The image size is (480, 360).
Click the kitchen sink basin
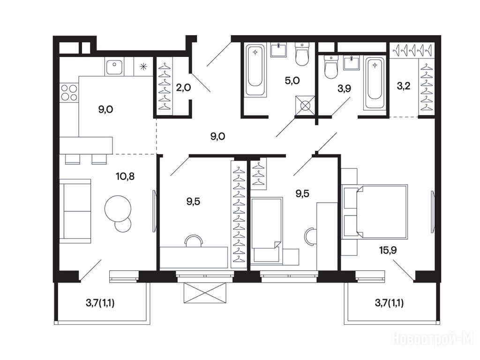[114, 67]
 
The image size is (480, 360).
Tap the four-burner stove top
[69, 92]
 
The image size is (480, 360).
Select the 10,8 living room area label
[125, 176]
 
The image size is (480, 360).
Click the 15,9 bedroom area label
[388, 250]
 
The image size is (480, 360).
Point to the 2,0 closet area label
[183, 88]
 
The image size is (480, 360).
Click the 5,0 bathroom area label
[292, 81]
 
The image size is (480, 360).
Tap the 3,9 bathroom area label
[344, 89]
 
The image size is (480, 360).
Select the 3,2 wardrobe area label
[404, 86]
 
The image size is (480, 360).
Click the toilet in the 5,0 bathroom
[302, 54]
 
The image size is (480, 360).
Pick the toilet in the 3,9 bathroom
[330, 67]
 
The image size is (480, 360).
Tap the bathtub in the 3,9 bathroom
[375, 83]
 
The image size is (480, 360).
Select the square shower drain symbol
[305, 105]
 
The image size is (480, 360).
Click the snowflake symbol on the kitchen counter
[143, 67]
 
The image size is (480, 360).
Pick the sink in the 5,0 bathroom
[278, 50]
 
